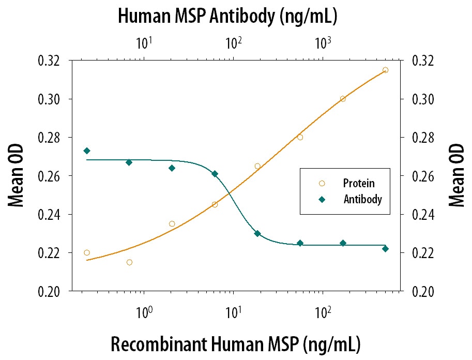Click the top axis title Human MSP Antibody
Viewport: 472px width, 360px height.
[227, 16]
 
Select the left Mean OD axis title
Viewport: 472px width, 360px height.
[17, 176]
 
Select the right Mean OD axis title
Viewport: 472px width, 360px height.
[455, 176]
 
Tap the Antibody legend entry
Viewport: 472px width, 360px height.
[362, 199]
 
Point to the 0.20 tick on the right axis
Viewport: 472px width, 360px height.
[422, 292]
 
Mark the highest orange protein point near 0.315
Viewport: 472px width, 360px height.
[385, 70]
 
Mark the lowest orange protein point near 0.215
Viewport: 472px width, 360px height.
[129, 262]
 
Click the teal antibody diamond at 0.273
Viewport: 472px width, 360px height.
[87, 151]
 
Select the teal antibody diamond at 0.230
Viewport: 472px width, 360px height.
[257, 234]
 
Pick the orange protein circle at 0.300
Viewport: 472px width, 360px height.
[343, 99]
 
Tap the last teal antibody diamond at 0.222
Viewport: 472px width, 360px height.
[385, 249]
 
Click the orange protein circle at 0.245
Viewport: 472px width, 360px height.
[215, 204]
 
